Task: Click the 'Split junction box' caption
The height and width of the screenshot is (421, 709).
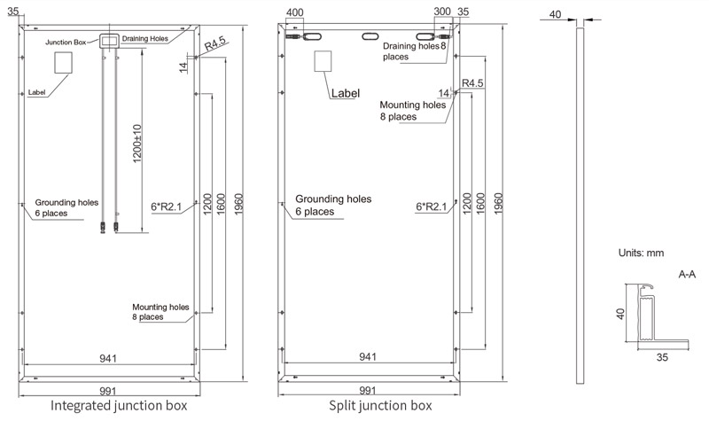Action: [380, 406]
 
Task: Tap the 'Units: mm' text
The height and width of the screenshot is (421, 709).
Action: [641, 253]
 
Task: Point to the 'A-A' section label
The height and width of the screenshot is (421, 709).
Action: [687, 275]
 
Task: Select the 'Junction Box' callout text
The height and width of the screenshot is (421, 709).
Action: [66, 41]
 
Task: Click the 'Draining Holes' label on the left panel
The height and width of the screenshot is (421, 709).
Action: [146, 37]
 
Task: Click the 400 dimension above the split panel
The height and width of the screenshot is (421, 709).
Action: [296, 13]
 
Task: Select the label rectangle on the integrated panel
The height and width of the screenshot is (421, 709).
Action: [65, 63]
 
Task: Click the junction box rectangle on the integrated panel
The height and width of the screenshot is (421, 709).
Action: [109, 41]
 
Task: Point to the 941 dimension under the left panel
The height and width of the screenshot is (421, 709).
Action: [108, 358]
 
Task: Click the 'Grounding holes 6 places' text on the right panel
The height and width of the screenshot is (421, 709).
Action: [332, 206]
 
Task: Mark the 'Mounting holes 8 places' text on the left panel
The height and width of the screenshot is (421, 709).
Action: [160, 311]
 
